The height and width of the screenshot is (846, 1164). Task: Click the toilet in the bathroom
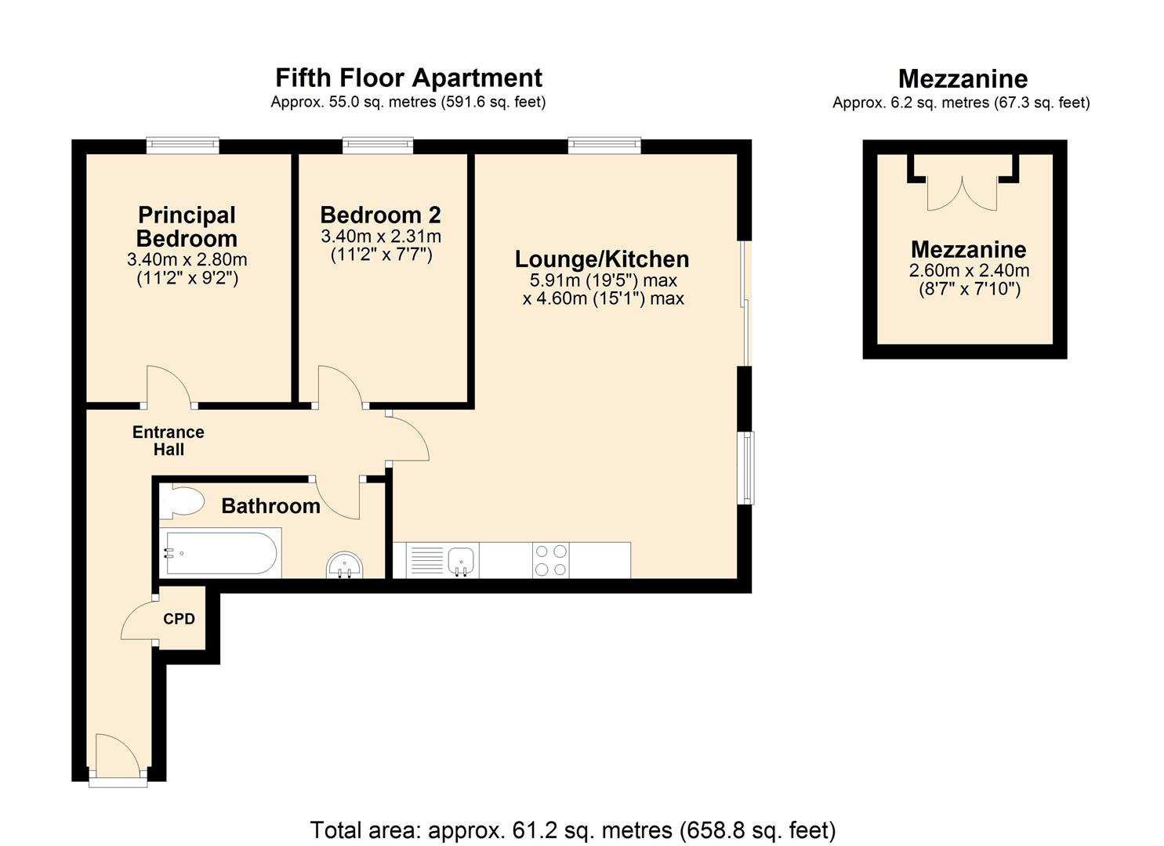click(181, 502)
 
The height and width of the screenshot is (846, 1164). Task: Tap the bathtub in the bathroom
click(219, 554)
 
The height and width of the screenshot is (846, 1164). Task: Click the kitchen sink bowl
click(462, 559)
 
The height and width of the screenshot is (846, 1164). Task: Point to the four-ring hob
click(550, 560)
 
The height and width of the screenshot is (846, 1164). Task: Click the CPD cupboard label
click(179, 619)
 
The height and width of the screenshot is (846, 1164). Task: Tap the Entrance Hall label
click(168, 441)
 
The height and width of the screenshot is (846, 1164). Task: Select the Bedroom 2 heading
click(380, 215)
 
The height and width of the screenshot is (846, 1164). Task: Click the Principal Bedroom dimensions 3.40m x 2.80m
click(187, 259)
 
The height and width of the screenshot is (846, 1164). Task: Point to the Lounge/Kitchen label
click(602, 259)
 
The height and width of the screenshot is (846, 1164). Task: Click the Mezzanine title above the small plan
click(963, 78)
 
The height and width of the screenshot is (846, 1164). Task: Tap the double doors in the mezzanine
click(963, 192)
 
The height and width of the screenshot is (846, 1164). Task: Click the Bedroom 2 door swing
click(339, 386)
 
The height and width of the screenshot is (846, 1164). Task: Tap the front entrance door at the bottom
click(118, 758)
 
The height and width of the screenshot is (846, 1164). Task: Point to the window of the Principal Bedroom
click(183, 144)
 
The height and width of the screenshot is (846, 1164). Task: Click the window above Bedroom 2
click(378, 144)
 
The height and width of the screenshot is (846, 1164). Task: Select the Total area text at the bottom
click(573, 830)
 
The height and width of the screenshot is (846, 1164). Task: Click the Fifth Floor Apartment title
click(408, 78)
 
